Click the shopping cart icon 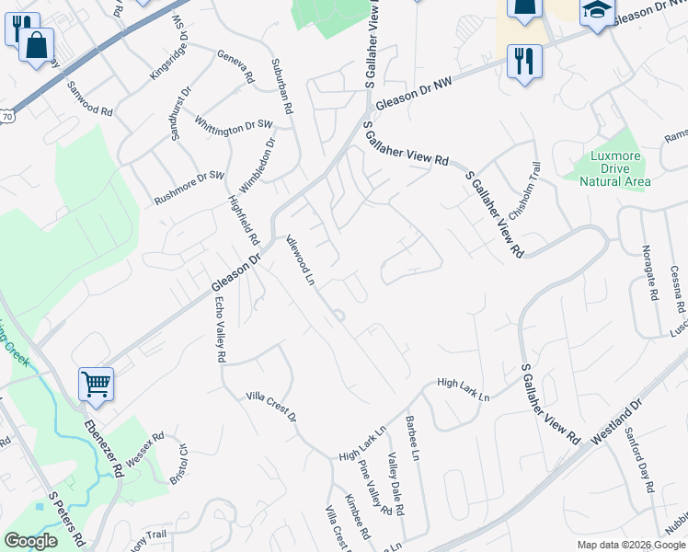(96, 384)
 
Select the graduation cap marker (597, 11)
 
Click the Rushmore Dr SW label (189, 187)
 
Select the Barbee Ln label (412, 439)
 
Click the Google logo (30, 541)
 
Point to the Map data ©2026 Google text (631, 545)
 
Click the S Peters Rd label (65, 521)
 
